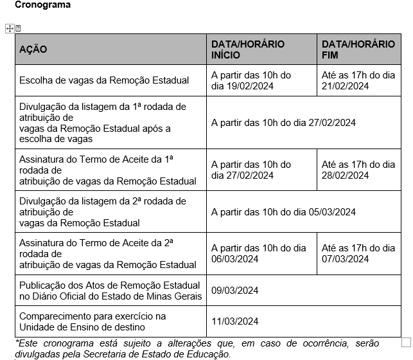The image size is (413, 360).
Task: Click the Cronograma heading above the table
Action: pyautogui.click(x=43, y=5)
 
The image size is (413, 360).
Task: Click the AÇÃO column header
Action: pyautogui.click(x=33, y=50)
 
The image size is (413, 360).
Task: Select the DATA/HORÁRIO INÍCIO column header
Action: pyautogui.click(x=248, y=50)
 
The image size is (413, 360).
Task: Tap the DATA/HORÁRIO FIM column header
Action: pyautogui.click(x=358, y=50)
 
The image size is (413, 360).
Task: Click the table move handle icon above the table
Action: pyautogui.click(x=9, y=28)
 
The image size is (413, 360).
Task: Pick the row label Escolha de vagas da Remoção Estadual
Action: pyautogui.click(x=104, y=80)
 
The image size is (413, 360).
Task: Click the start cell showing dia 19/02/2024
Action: pyautogui.click(x=251, y=80)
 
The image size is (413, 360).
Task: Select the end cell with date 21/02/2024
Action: pyautogui.click(x=358, y=80)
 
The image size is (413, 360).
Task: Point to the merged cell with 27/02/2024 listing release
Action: pyautogui.click(x=283, y=122)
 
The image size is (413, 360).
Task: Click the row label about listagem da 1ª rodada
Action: pyautogui.click(x=103, y=122)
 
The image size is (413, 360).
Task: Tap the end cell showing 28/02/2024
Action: pyautogui.click(x=358, y=170)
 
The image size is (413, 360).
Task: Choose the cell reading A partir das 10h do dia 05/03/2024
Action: pyautogui.click(x=283, y=212)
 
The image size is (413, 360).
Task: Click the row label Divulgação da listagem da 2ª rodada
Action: pyautogui.click(x=103, y=212)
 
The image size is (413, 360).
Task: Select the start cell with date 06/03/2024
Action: pyautogui.click(x=258, y=253)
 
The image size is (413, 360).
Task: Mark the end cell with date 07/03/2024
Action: pyautogui.click(x=358, y=253)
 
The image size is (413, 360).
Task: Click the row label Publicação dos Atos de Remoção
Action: pyautogui.click(x=110, y=291)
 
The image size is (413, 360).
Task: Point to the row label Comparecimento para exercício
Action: pyautogui.click(x=92, y=321)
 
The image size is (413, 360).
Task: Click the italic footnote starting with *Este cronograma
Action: pyautogui.click(x=193, y=348)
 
